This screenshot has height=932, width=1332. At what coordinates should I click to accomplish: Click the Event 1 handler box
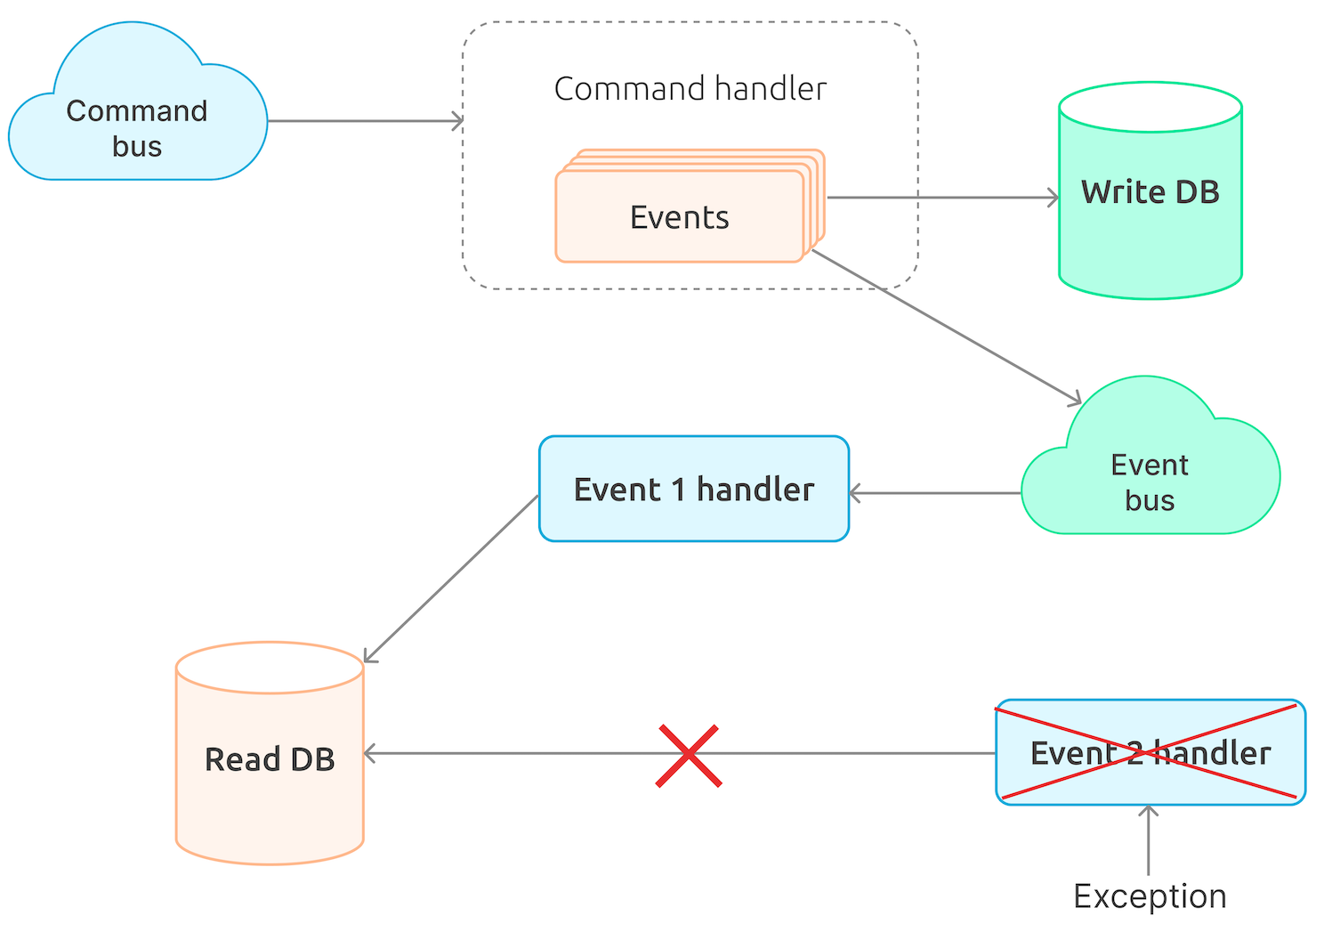[x=693, y=489]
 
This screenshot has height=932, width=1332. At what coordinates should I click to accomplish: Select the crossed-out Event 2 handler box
[x=1150, y=753]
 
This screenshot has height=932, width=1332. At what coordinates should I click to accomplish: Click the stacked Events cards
[x=681, y=216]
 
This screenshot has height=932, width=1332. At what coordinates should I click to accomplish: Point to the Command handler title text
[x=690, y=89]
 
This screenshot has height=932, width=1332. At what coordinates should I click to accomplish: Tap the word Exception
[x=1150, y=896]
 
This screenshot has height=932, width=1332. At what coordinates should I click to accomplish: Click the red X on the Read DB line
[x=688, y=756]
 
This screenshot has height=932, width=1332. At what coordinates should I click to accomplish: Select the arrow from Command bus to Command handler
[x=365, y=121]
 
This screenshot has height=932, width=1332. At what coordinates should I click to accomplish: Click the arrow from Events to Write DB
[x=943, y=198]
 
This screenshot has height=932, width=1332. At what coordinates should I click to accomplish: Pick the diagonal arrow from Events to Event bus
[x=948, y=327]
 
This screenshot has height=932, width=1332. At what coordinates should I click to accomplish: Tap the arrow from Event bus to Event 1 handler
[x=934, y=493]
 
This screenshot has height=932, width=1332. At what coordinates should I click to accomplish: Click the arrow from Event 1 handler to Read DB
[x=451, y=579]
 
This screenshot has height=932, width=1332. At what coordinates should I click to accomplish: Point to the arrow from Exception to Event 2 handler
[x=1149, y=840]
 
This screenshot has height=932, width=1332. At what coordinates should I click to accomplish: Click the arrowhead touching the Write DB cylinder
[x=1053, y=198]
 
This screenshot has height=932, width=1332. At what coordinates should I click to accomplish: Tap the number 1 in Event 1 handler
[x=678, y=490]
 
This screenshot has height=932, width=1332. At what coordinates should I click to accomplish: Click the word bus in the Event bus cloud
[x=1150, y=501]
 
